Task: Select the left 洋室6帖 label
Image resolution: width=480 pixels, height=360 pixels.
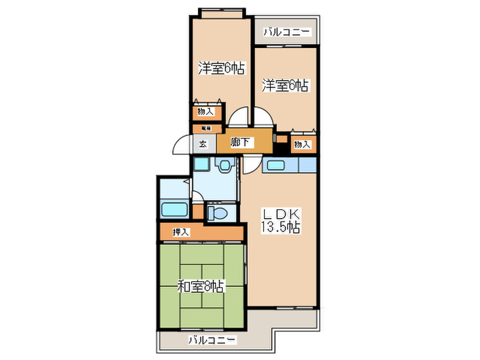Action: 221,69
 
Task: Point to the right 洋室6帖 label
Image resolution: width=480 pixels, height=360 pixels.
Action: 285,86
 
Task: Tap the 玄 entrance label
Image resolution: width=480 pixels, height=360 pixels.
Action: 203,144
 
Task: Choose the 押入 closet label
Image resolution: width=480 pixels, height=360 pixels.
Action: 181,232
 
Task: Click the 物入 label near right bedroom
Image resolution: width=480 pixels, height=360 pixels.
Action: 302,144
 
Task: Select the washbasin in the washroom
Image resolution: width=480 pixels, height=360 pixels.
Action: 223,167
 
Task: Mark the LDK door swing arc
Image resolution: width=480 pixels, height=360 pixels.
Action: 250,165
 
